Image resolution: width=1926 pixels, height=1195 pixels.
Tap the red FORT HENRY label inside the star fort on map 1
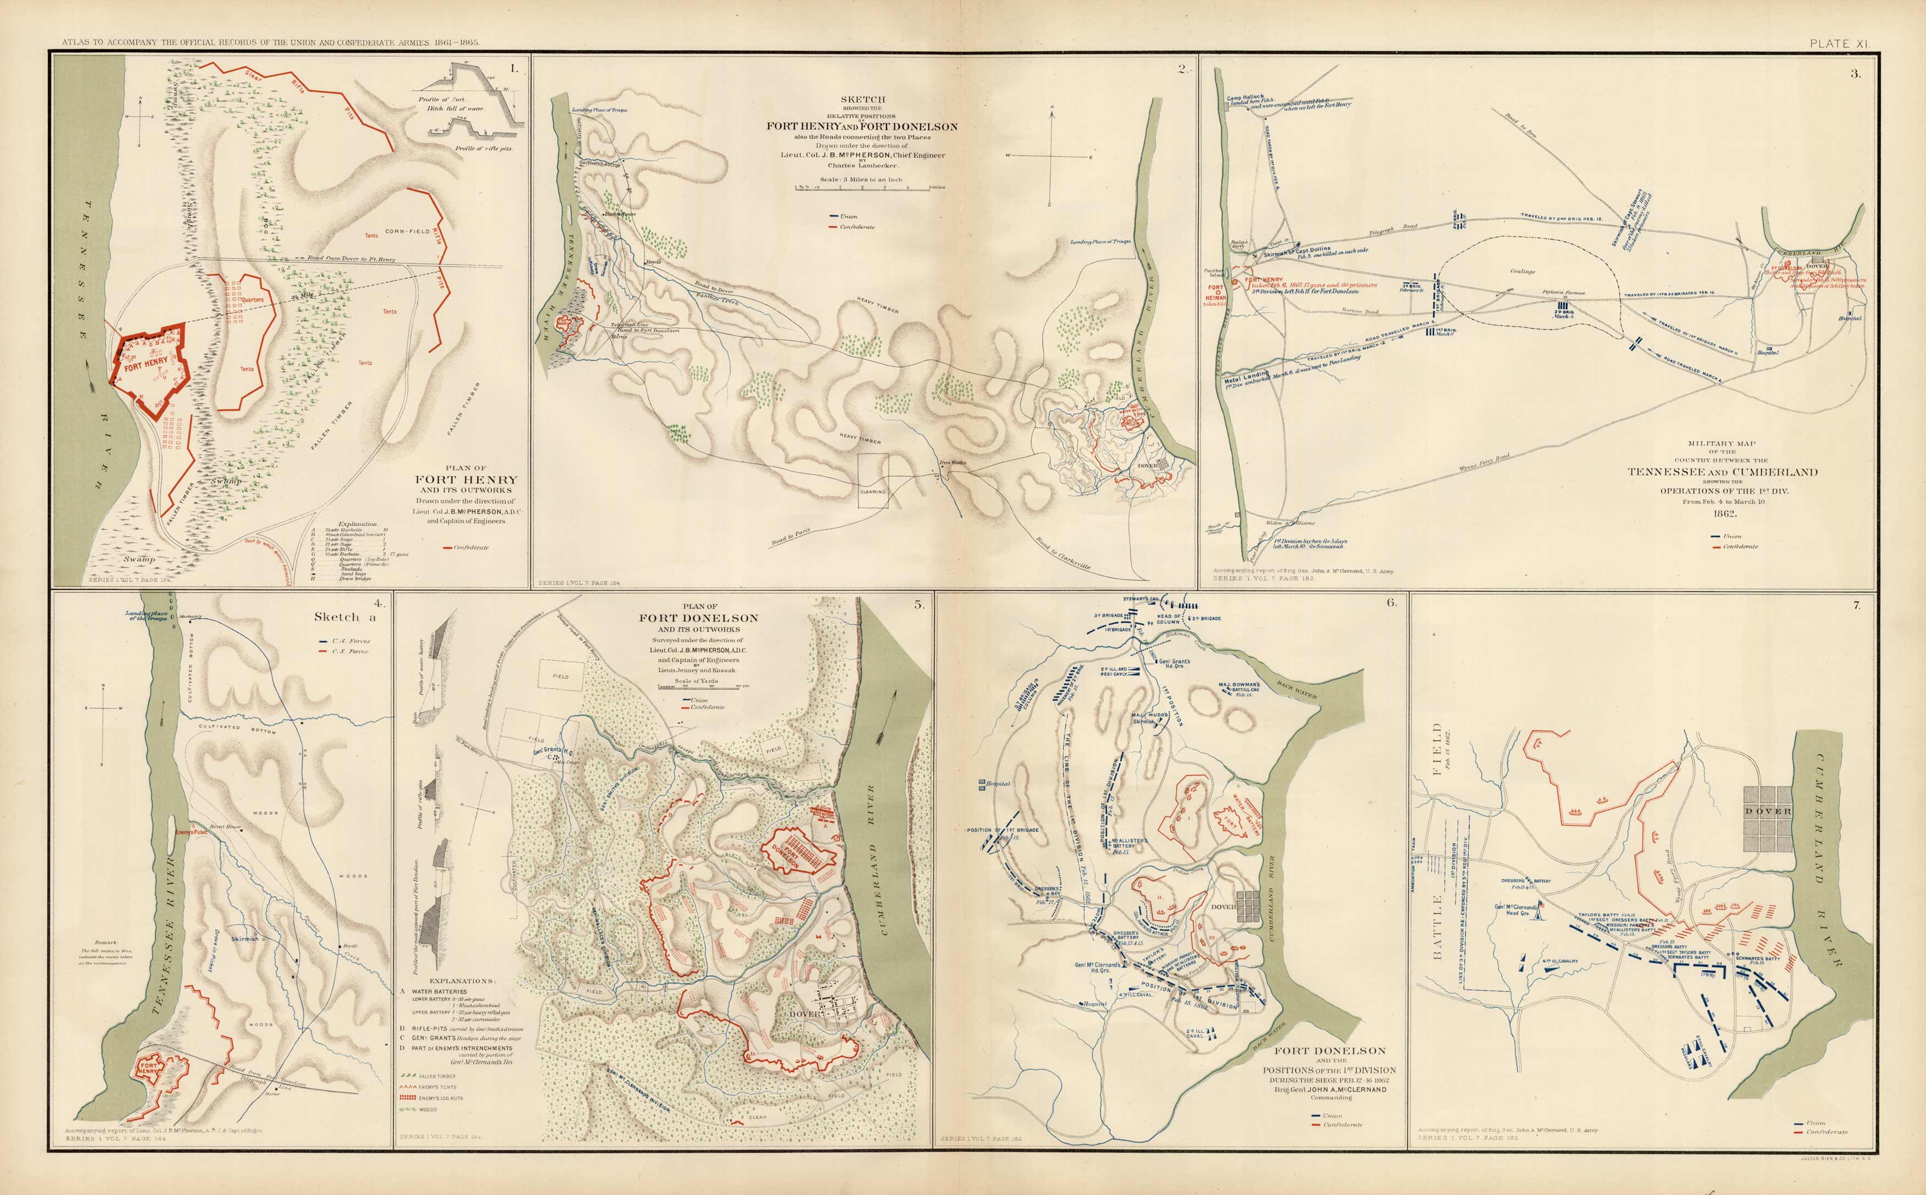(x=145, y=364)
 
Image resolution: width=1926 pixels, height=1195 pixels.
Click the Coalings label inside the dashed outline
(x=1522, y=271)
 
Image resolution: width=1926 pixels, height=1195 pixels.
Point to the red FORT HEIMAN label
(x=1216, y=292)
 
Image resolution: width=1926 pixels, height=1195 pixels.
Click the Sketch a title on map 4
(x=344, y=616)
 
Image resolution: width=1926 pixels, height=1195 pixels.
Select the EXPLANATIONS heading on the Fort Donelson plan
(x=461, y=980)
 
